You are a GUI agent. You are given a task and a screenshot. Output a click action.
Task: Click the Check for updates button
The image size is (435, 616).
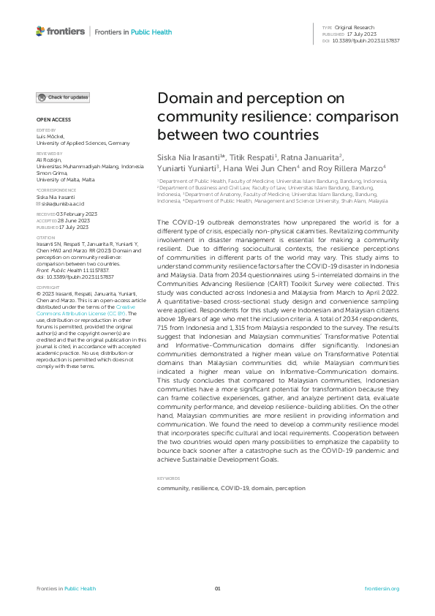[64, 97]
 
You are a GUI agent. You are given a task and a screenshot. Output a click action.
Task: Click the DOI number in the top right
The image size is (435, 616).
[367, 41]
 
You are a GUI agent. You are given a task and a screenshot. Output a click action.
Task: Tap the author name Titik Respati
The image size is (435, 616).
[227, 158]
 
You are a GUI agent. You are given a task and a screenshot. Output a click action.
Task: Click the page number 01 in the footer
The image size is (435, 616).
[217, 588]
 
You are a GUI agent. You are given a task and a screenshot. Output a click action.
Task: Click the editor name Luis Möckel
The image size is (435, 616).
[50, 137]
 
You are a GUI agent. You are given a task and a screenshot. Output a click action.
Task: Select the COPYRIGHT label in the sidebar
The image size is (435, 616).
[46, 288]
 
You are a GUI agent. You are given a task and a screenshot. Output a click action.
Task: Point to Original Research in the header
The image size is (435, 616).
[360, 27]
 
